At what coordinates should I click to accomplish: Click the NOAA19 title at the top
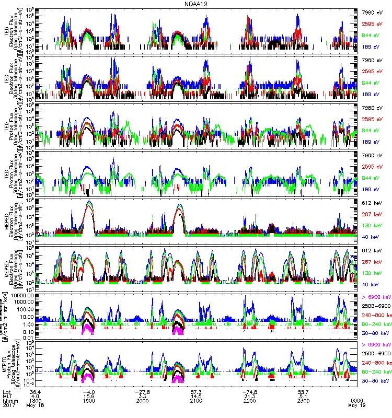[x=195, y=4]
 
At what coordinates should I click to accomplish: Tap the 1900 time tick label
[x=88, y=401]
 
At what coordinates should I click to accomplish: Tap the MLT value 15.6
[x=88, y=397]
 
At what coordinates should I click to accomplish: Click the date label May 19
[x=356, y=406]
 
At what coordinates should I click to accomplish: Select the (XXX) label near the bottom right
[x=356, y=401]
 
